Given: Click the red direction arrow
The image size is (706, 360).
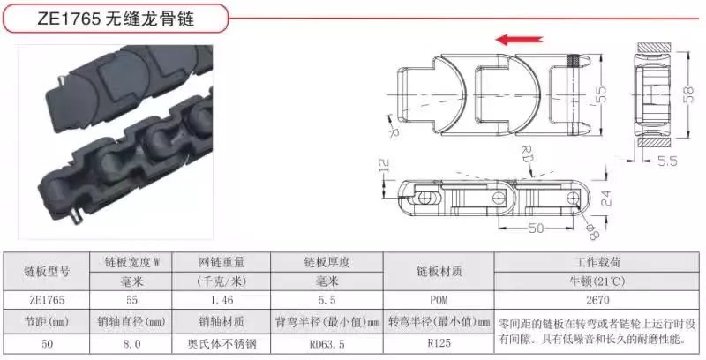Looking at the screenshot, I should (x=520, y=40).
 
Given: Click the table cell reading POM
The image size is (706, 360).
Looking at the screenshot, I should (x=439, y=300).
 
